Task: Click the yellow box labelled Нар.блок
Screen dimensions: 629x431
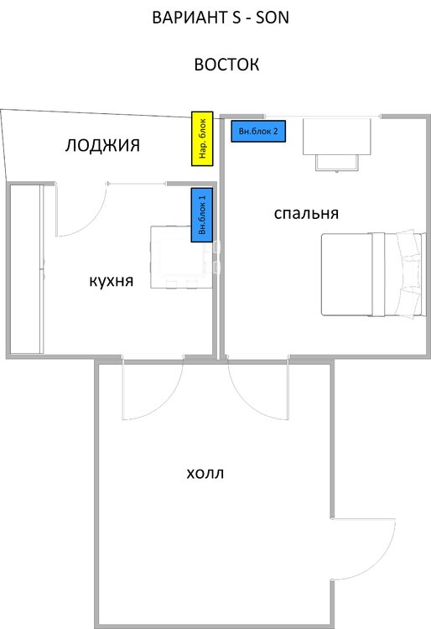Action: point(203,138)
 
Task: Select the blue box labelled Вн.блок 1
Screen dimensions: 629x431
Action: point(203,214)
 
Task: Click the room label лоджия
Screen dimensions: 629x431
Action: point(102,146)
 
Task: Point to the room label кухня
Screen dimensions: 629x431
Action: point(112,281)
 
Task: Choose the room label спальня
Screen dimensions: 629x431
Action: point(306,213)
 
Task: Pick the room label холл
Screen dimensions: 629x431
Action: point(205,474)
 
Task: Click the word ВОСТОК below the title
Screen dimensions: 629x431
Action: point(226,65)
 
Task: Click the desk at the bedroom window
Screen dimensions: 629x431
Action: point(336,135)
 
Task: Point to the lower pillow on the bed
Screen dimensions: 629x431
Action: point(408,299)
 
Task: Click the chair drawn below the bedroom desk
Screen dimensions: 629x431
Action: point(339,162)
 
